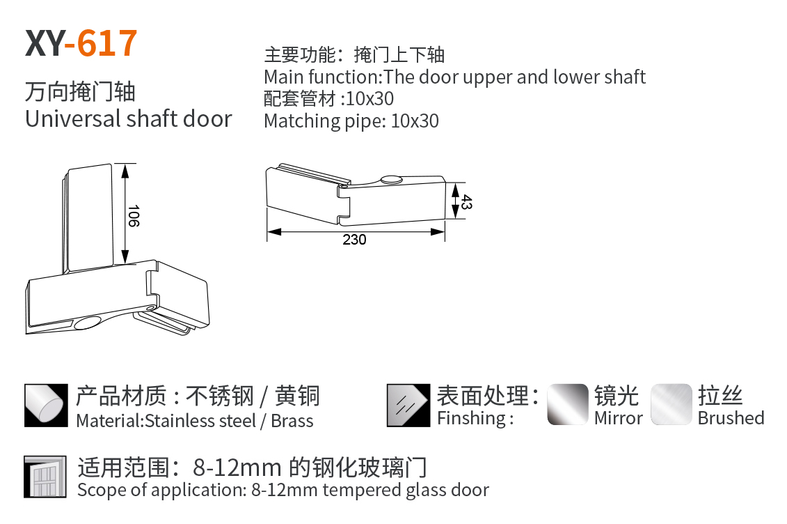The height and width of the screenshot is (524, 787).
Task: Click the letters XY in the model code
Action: (x=45, y=43)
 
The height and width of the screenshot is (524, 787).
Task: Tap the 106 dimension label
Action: (x=133, y=215)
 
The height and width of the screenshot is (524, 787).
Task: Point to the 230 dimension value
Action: (x=354, y=240)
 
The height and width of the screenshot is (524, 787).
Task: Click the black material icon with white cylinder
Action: (x=46, y=406)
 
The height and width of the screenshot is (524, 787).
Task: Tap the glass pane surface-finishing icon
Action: (x=408, y=406)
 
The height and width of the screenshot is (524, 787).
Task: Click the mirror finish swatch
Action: (x=568, y=404)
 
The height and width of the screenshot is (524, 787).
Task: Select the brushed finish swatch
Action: (x=671, y=404)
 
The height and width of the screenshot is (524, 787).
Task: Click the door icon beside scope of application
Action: (x=45, y=477)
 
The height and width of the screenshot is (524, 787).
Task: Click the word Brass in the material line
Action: (x=292, y=421)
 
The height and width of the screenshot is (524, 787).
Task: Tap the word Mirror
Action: (x=619, y=418)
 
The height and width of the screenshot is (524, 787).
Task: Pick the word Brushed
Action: (x=731, y=418)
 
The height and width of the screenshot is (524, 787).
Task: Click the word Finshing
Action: (x=472, y=419)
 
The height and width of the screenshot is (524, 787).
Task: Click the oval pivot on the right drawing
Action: (x=391, y=179)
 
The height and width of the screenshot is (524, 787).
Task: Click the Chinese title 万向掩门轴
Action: (x=80, y=92)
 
